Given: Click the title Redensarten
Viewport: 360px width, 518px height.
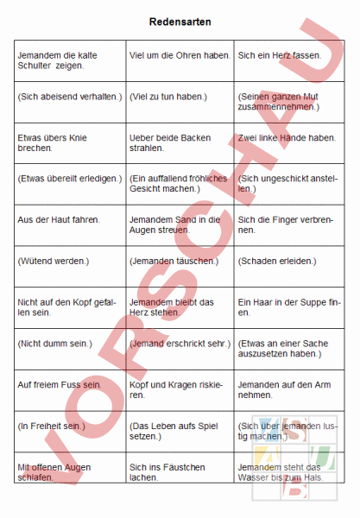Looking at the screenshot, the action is click(x=180, y=22).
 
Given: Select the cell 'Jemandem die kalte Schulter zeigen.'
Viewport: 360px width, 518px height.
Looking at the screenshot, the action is click(x=69, y=60).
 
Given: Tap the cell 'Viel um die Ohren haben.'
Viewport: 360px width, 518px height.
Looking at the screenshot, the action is click(x=179, y=55).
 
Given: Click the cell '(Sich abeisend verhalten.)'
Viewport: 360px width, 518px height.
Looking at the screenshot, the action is click(x=69, y=97).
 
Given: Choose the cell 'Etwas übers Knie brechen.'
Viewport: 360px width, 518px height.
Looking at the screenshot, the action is click(x=69, y=142).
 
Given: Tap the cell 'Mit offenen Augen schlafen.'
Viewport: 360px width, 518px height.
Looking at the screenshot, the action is click(x=69, y=471).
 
